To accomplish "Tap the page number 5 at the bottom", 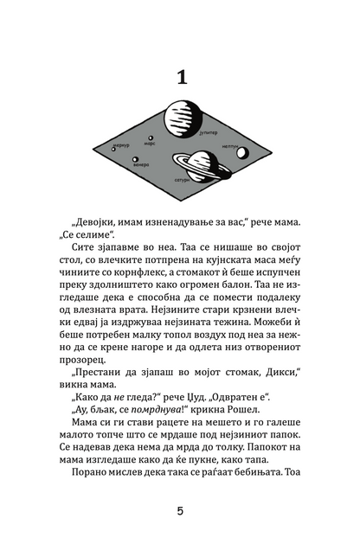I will [x=180, y=511].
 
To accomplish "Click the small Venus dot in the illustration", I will [x=136, y=158].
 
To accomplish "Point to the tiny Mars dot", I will [x=151, y=137].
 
